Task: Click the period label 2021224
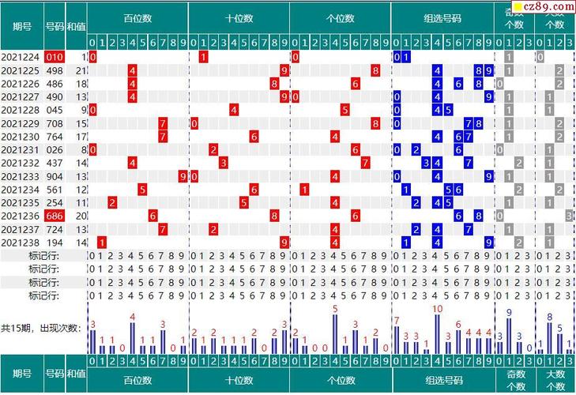21,57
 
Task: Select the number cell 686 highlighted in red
54,216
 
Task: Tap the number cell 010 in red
54,57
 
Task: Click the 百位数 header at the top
138,18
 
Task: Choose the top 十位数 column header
239,18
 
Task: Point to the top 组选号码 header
442,18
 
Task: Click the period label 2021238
21,243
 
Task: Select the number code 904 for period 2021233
54,176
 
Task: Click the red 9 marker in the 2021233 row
183,176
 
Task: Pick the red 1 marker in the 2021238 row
102,243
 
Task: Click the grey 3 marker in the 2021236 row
569,216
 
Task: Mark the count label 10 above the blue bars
437,309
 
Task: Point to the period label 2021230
21,137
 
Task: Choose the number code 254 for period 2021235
54,203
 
